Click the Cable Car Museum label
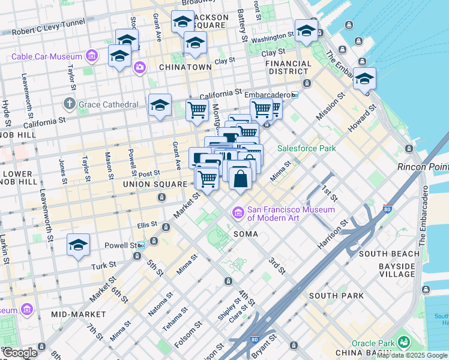tap(48, 57)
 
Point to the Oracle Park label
tap(372, 343)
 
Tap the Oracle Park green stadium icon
tap(403, 343)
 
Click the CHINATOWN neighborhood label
tap(185, 67)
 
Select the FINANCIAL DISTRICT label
tap(289, 67)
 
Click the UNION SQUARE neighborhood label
tap(155, 184)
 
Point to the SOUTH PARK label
tap(336, 296)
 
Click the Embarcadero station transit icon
tap(294, 95)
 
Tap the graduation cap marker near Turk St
tap(78, 245)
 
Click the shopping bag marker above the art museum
tap(240, 178)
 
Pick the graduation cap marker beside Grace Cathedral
tap(160, 106)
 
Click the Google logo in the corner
tap(19, 353)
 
